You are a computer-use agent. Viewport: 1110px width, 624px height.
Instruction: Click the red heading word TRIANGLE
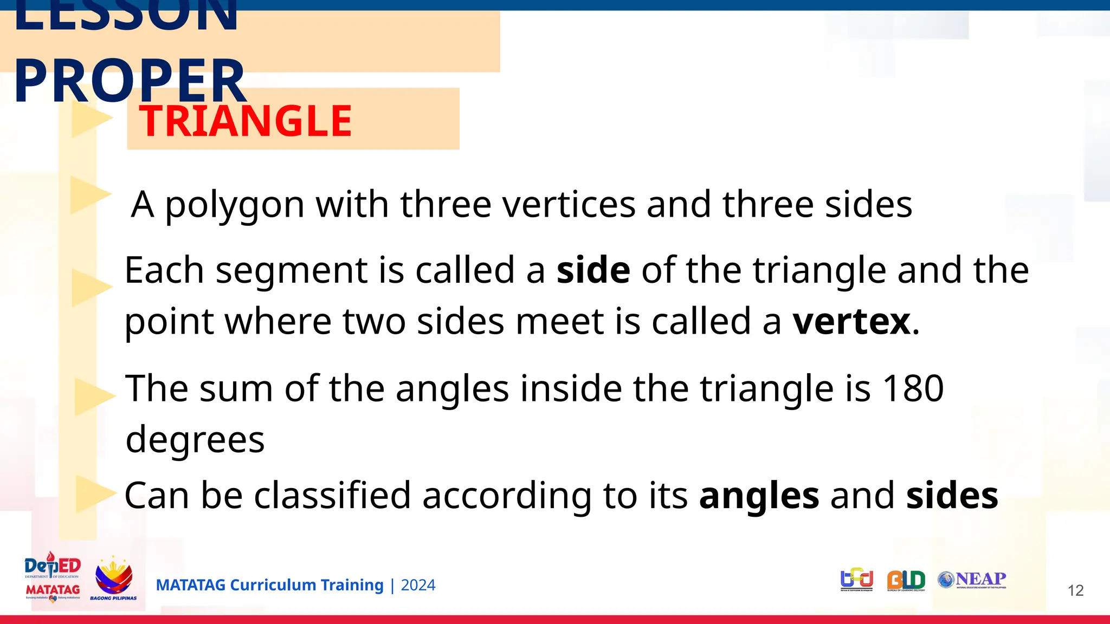click(x=246, y=121)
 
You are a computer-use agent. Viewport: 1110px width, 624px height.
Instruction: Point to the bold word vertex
click(x=851, y=322)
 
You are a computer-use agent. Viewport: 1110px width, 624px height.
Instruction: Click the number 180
click(x=913, y=388)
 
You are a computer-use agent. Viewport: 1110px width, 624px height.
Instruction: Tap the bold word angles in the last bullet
click(x=759, y=496)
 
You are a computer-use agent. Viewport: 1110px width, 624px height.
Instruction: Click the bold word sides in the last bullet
click(x=952, y=495)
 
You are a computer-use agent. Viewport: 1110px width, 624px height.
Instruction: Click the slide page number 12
click(x=1075, y=590)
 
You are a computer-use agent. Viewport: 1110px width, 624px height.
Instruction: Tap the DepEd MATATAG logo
click(x=53, y=577)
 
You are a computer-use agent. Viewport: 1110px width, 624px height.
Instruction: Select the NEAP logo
click(x=972, y=580)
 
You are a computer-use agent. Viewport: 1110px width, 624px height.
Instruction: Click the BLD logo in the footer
click(x=906, y=581)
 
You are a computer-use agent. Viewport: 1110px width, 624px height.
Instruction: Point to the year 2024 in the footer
click(x=418, y=586)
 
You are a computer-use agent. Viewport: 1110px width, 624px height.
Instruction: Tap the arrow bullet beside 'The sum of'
click(x=92, y=395)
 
